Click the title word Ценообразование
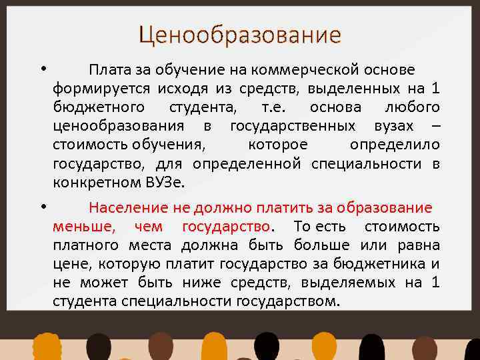coord(239,34)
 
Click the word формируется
coord(101,89)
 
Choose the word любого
coord(412,107)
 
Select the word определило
coord(394,145)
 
